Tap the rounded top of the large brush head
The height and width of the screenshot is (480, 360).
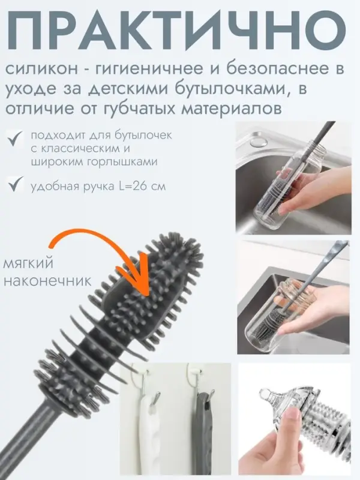coord(174,237)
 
